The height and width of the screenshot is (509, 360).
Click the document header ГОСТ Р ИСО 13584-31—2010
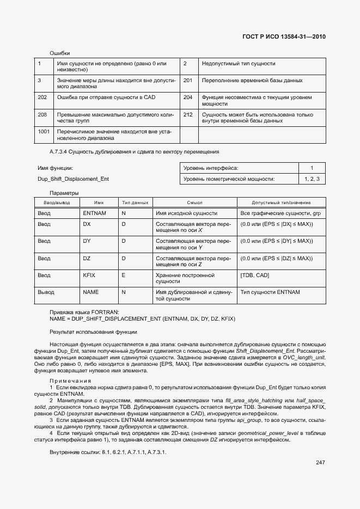click(286, 37)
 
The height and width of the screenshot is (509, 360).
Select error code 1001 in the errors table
click(44, 131)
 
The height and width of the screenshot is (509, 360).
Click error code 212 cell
click(188, 115)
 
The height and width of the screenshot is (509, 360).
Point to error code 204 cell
click(188, 97)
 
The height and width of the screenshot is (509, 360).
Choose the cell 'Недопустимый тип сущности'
click(238, 64)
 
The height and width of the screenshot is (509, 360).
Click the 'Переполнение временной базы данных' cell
click(252, 81)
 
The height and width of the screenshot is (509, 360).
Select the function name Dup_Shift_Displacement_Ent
click(74, 179)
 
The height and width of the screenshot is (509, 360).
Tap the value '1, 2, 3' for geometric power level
click(312, 179)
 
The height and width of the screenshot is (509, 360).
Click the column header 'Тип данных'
click(135, 203)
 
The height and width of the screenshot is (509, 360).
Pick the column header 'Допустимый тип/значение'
click(281, 203)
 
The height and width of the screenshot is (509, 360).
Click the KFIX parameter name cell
click(89, 275)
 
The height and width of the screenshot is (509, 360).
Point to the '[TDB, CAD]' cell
click(254, 275)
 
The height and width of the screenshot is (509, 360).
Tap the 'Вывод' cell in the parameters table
click(46, 292)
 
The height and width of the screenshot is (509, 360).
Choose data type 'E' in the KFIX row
click(123, 275)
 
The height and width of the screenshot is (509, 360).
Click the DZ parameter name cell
click(87, 258)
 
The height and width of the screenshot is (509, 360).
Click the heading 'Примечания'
click(70, 381)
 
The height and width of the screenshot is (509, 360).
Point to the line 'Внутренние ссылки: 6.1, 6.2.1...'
click(108, 452)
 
